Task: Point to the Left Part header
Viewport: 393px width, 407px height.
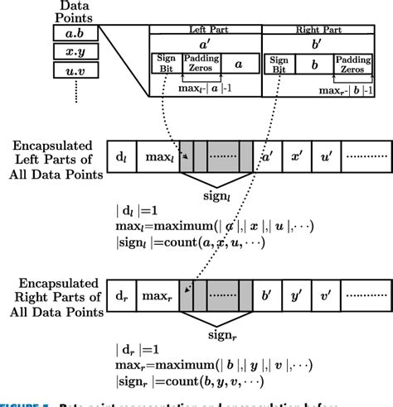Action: click(x=205, y=29)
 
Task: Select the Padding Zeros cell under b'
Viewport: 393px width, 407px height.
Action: click(x=354, y=63)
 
